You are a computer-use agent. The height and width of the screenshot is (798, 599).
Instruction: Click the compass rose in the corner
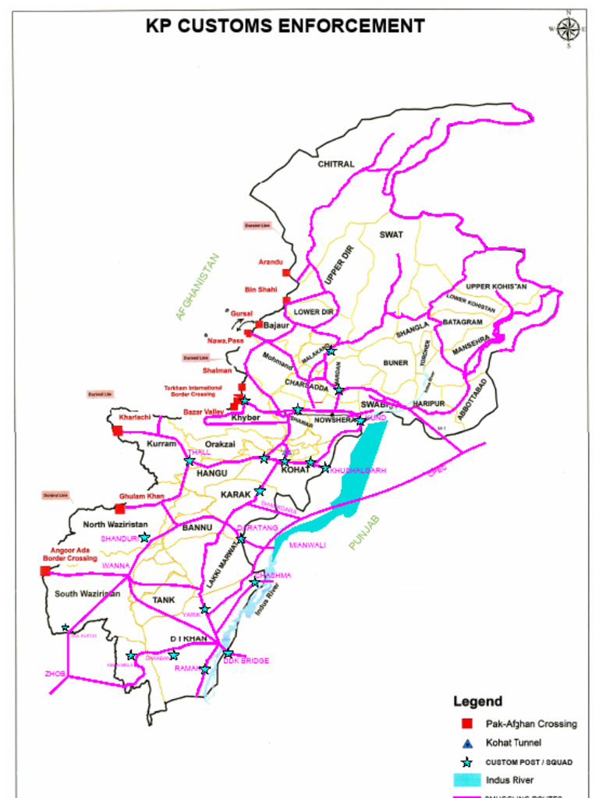click(569, 30)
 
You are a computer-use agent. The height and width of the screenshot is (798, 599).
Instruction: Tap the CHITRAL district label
click(335, 164)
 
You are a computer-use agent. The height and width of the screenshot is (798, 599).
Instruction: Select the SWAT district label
click(391, 234)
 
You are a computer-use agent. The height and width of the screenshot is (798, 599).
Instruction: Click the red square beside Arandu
click(287, 273)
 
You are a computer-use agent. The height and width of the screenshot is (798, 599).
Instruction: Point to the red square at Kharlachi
click(118, 430)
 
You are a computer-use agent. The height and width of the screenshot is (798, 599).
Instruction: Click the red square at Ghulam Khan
click(120, 508)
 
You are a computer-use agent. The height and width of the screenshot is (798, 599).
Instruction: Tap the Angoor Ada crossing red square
click(45, 571)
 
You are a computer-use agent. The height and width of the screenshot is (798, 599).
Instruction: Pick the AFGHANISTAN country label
click(197, 287)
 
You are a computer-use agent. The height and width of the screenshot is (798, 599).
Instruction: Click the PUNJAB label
click(363, 533)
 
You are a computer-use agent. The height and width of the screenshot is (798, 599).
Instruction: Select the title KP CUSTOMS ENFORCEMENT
click(285, 26)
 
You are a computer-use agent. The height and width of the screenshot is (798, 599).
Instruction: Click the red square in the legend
click(467, 723)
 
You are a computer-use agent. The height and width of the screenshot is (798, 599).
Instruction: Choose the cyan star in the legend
click(467, 761)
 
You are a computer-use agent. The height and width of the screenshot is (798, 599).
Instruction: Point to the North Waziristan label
click(115, 524)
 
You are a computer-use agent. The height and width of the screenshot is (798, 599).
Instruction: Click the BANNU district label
click(197, 528)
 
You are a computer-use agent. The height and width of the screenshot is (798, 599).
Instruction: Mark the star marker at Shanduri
click(144, 538)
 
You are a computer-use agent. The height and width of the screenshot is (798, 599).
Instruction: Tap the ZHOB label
click(55, 673)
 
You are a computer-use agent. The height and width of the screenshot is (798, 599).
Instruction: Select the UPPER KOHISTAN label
click(496, 287)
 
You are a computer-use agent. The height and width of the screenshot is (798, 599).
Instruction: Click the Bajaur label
click(276, 325)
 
